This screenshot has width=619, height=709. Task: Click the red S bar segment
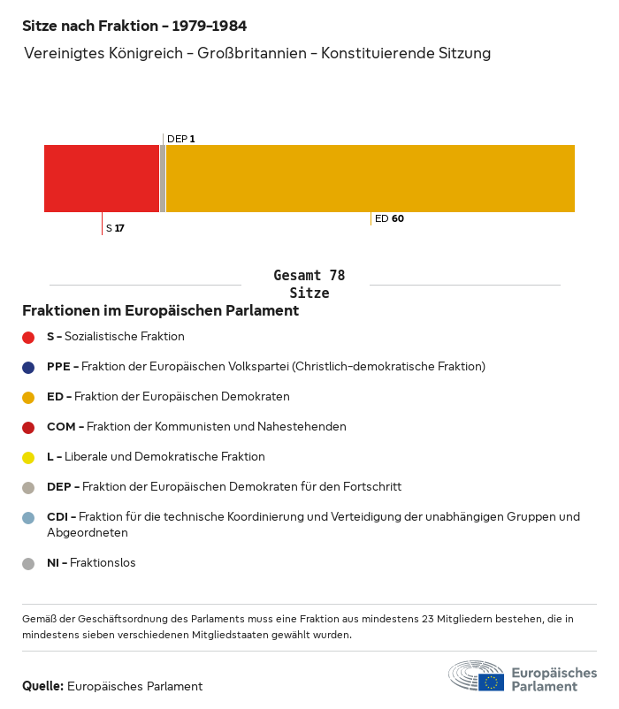[102, 178]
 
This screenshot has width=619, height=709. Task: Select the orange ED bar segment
[370, 178]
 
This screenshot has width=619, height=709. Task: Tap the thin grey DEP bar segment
[163, 178]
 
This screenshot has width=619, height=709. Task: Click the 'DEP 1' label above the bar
[181, 139]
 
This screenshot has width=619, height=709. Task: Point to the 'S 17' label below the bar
[115, 228]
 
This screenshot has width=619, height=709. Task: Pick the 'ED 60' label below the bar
[389, 218]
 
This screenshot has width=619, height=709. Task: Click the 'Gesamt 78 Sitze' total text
[309, 285]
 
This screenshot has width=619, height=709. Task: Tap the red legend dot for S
[28, 337]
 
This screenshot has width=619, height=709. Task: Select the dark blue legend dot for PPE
[28, 367]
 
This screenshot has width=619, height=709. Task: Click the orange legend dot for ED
[28, 397]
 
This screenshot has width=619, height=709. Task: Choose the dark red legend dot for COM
[28, 427]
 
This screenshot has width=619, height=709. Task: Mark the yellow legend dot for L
[28, 457]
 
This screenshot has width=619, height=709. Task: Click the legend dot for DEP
[28, 487]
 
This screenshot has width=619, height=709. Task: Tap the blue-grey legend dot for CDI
[28, 517]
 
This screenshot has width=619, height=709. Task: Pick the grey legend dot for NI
[28, 563]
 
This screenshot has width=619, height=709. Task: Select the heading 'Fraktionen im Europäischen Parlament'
[160, 311]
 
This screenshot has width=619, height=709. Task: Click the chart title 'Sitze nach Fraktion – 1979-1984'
[134, 27]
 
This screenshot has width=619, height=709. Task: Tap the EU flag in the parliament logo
[492, 682]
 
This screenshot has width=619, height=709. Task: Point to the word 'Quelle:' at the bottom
[42, 686]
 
